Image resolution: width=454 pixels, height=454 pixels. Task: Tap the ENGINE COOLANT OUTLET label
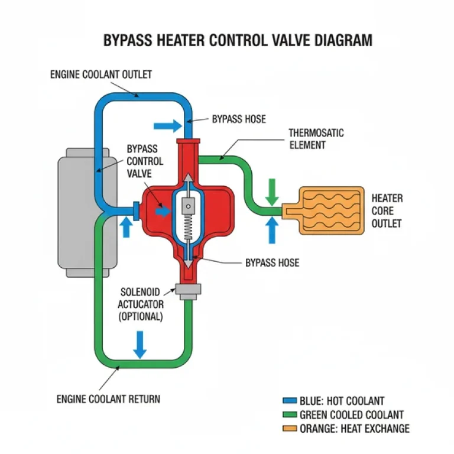pos(101,74)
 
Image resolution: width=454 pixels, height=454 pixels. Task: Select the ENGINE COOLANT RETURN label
pos(108,399)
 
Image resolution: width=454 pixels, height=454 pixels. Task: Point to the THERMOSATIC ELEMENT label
pos(316,139)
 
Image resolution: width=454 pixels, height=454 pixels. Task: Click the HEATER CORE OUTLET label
pos(387,210)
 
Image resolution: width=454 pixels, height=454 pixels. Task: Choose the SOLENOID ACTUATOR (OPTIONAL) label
pos(141,304)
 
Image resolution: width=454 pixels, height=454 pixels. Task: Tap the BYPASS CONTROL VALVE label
pos(145,161)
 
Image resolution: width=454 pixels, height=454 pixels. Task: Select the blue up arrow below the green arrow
pos(272,229)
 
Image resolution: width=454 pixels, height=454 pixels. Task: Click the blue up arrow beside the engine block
pos(126,226)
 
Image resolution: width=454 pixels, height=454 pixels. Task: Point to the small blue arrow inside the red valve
pos(161,211)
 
